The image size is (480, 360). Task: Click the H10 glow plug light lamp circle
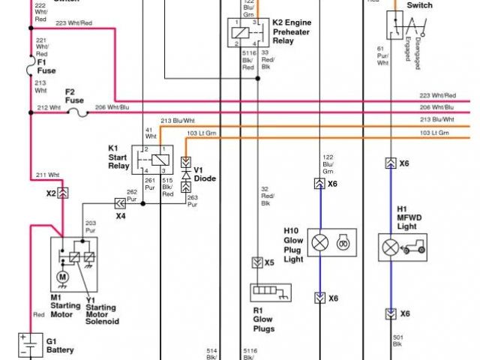[320, 241]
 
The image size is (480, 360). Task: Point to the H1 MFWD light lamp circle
[390, 247]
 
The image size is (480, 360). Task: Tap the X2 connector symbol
[64, 192]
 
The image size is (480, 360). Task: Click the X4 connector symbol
[119, 202]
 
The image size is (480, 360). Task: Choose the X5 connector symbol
[256, 262]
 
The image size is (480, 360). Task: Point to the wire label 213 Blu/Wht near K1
[177, 120]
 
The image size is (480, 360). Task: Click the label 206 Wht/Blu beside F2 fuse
[112, 108]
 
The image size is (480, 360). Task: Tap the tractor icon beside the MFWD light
[414, 246]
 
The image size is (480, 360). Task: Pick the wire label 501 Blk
[397, 341]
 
